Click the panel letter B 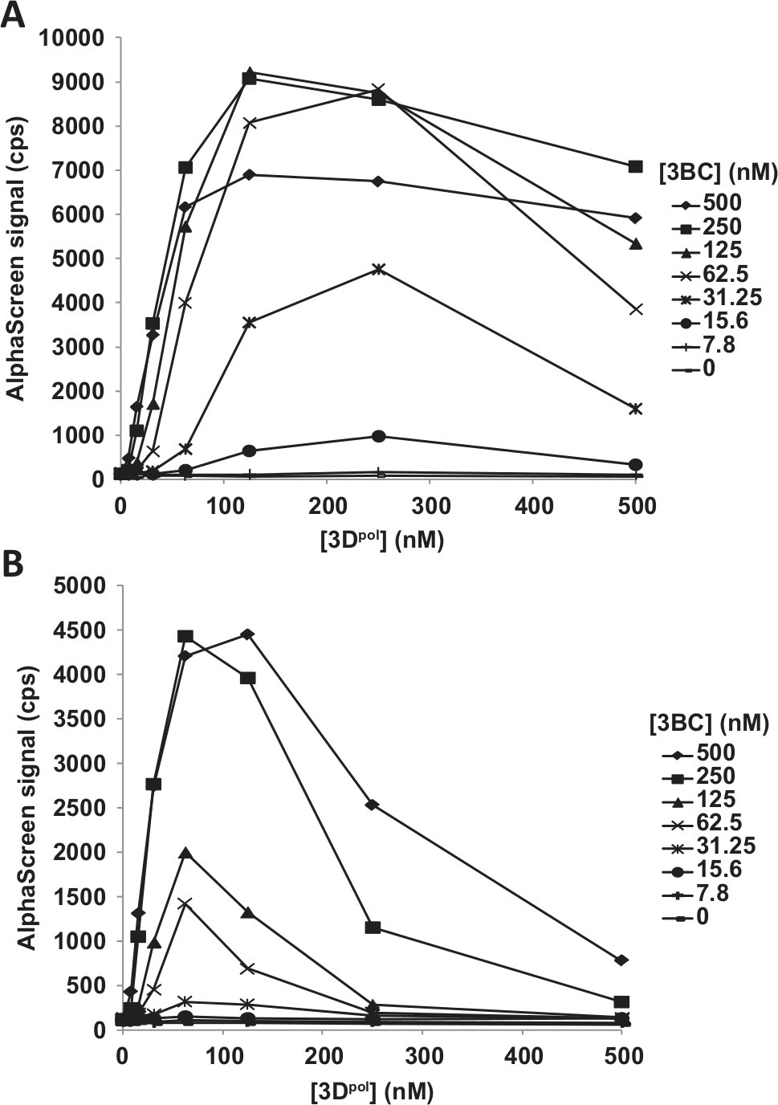[x=13, y=565]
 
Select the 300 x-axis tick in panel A [x=430, y=506]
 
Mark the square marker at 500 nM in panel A [x=636, y=167]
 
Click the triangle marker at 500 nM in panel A [x=636, y=243]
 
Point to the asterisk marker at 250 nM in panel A [x=378, y=269]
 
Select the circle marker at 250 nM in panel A [x=378, y=436]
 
